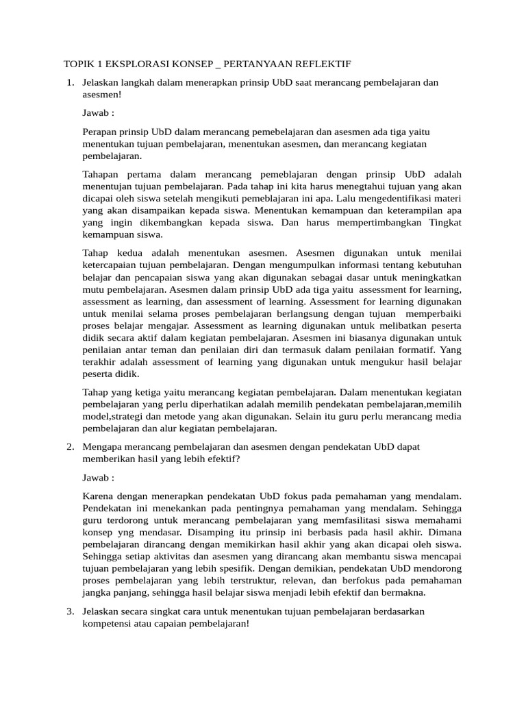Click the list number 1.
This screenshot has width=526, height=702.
68,83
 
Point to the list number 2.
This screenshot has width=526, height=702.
68,447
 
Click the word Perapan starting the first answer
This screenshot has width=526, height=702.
101,131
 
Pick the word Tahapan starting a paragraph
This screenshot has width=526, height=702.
102,174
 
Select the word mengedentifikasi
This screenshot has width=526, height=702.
398,199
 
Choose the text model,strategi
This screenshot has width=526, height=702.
116,417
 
